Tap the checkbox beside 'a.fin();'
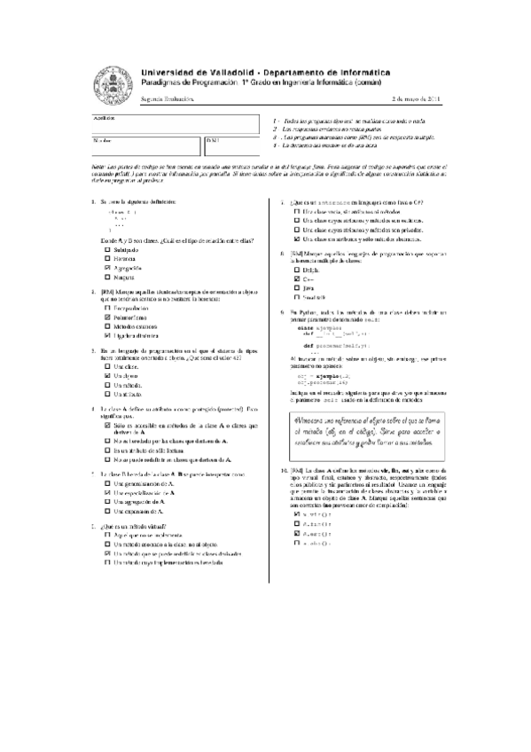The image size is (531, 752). click(x=295, y=522)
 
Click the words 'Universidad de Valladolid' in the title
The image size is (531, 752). click(x=195, y=70)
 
